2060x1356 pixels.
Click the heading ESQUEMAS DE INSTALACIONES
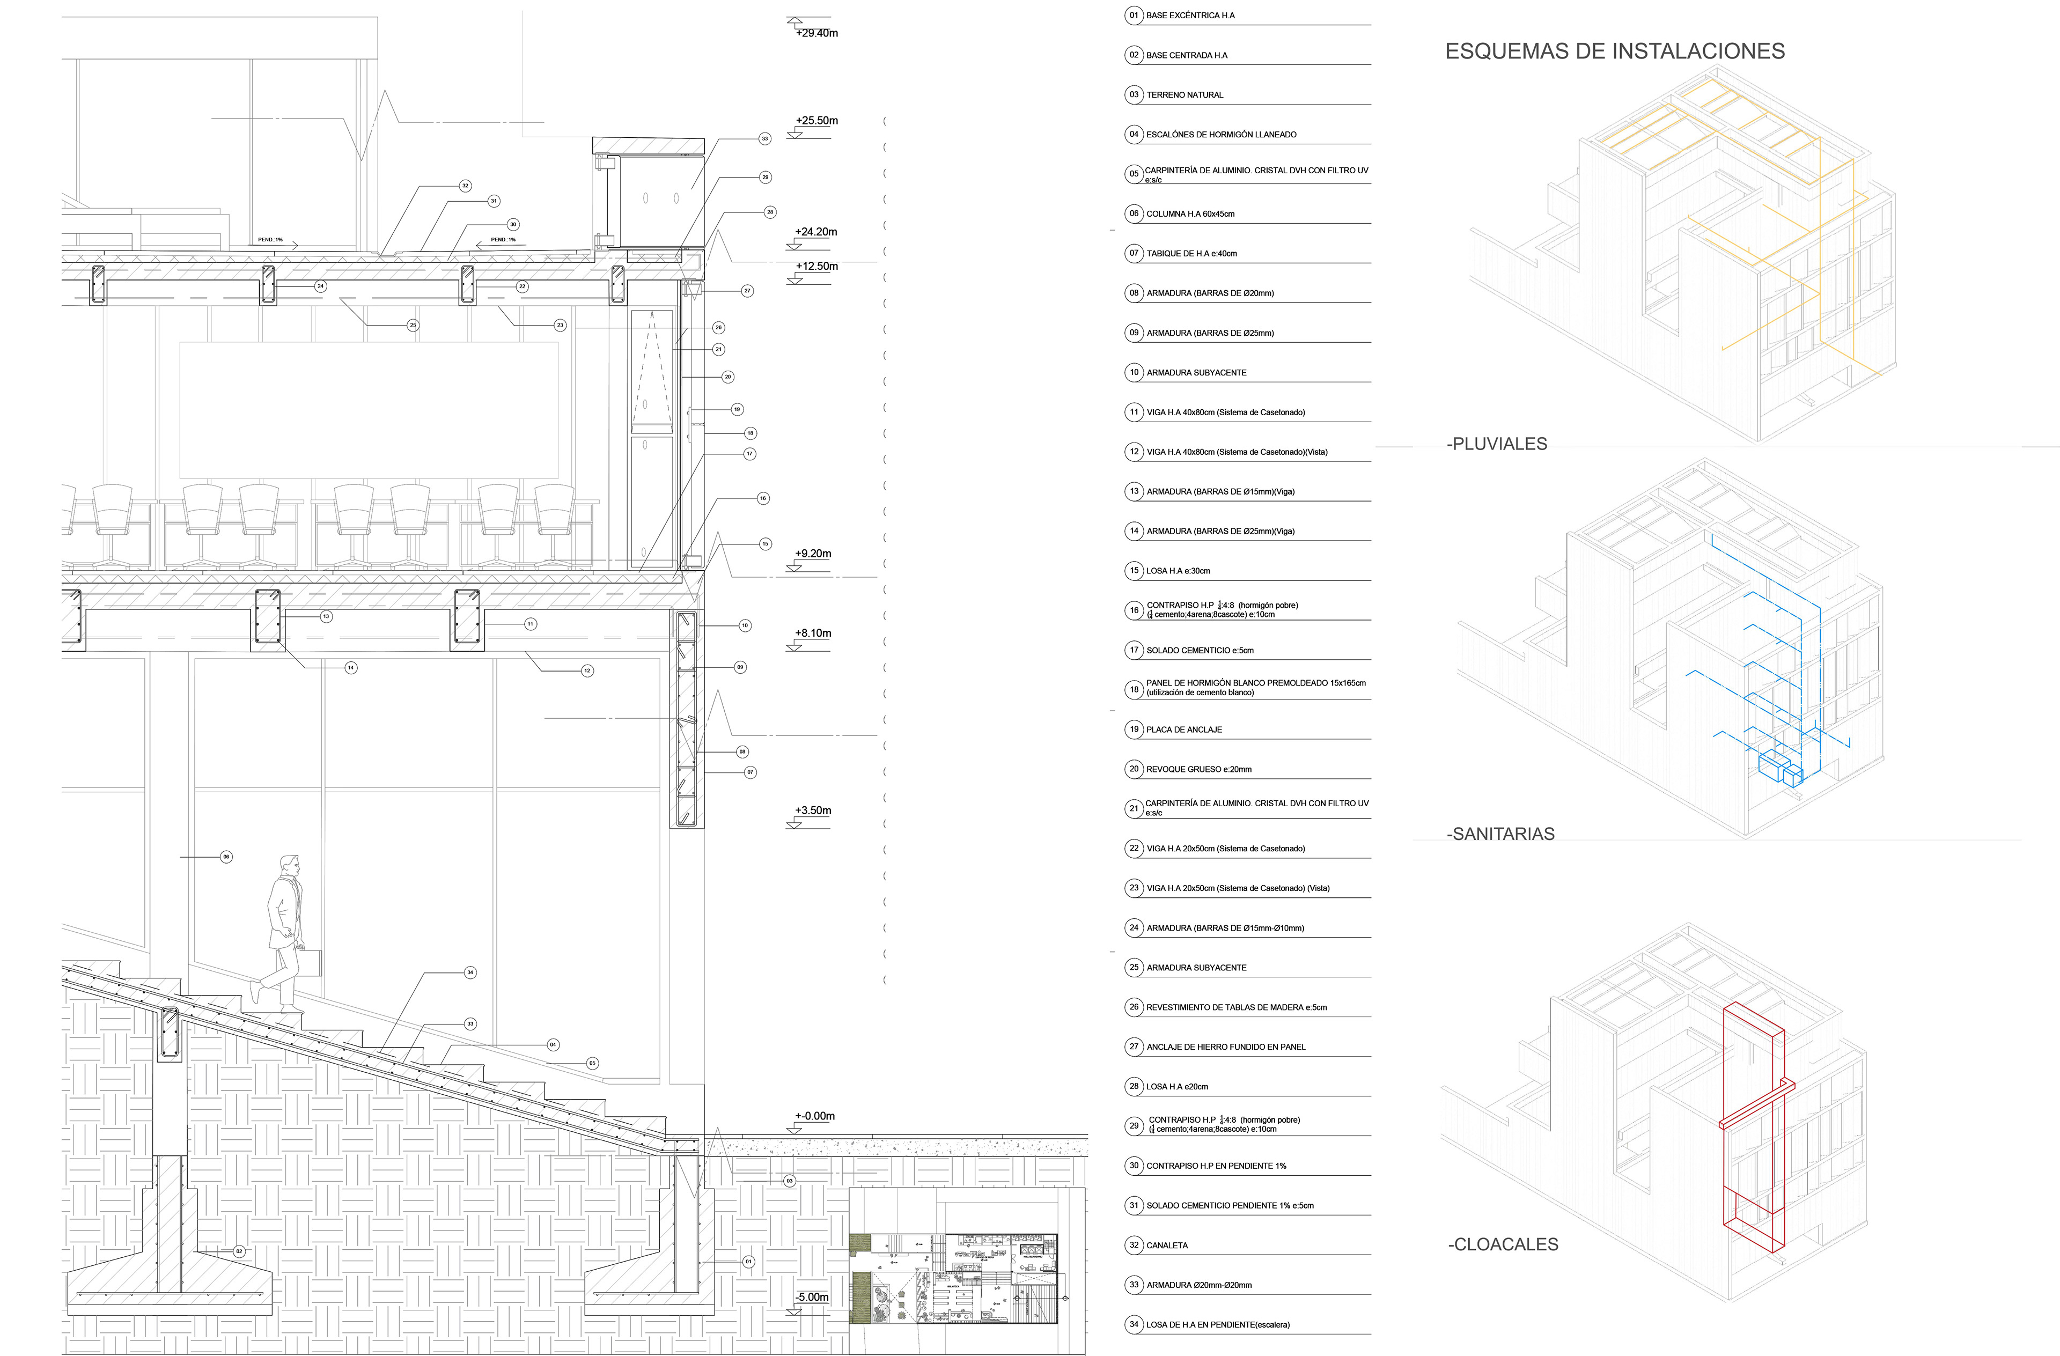click(1614, 51)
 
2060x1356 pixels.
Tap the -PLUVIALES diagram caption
click(1497, 444)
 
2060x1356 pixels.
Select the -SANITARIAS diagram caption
click(1500, 834)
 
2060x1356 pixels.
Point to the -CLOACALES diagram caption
click(1503, 1244)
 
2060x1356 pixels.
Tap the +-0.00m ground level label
click(814, 1116)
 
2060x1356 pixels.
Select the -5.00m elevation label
click(812, 1297)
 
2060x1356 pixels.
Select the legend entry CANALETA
click(1167, 1246)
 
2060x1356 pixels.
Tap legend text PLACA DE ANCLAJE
click(1184, 729)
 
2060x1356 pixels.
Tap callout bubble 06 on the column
click(226, 857)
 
